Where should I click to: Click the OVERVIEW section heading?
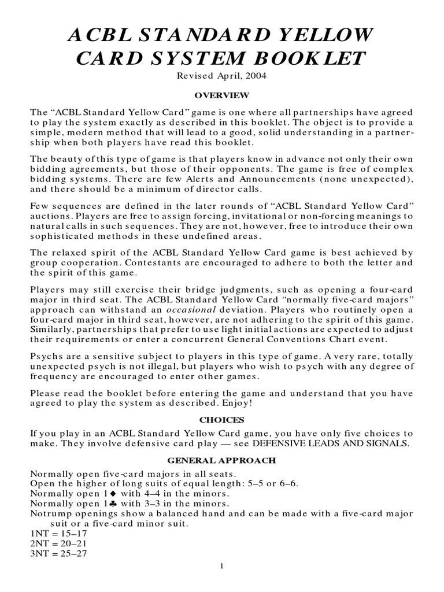tap(222, 94)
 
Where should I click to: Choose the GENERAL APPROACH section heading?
tap(222, 460)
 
